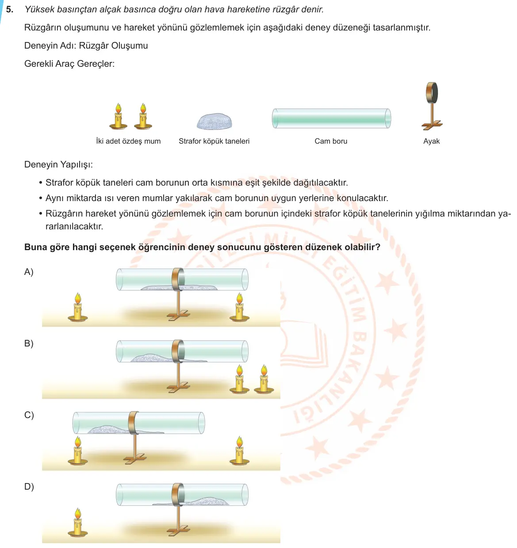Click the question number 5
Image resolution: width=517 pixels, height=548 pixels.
(9, 9)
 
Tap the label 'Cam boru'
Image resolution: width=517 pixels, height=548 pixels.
(330, 141)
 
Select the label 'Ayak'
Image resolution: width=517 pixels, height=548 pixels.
(431, 141)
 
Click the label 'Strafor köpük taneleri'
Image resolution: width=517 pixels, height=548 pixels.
(214, 141)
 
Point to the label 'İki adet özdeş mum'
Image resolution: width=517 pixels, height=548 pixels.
(128, 141)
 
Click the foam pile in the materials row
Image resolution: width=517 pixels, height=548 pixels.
(214, 121)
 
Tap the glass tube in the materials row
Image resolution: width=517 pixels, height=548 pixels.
(331, 118)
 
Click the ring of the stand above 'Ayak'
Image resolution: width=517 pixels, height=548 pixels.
(432, 93)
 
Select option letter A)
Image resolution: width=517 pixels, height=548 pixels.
(29, 272)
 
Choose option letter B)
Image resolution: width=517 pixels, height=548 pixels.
(29, 343)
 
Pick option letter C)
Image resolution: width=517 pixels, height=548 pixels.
(29, 415)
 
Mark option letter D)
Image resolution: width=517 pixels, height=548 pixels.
(29, 486)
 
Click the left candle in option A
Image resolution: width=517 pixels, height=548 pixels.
(78, 307)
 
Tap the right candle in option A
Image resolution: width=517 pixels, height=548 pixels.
(239, 307)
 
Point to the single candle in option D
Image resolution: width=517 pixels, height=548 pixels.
(78, 522)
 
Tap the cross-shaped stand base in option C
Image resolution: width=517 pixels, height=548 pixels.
(134, 459)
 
